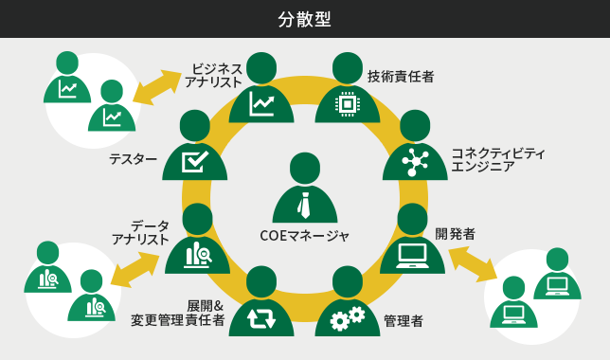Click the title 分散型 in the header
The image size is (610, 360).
(304, 19)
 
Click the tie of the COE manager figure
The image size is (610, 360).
(304, 205)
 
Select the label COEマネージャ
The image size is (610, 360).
(304, 235)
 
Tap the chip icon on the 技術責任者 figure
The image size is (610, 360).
(348, 103)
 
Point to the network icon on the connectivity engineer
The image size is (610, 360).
(415, 162)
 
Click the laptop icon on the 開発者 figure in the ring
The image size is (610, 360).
(412, 254)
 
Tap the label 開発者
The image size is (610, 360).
(455, 233)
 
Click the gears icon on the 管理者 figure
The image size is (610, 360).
(348, 317)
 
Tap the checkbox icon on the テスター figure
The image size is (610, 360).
(195, 161)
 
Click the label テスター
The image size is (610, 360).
(133, 159)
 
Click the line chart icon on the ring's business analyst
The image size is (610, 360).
(260, 103)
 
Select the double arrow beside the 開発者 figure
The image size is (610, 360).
(473, 263)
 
